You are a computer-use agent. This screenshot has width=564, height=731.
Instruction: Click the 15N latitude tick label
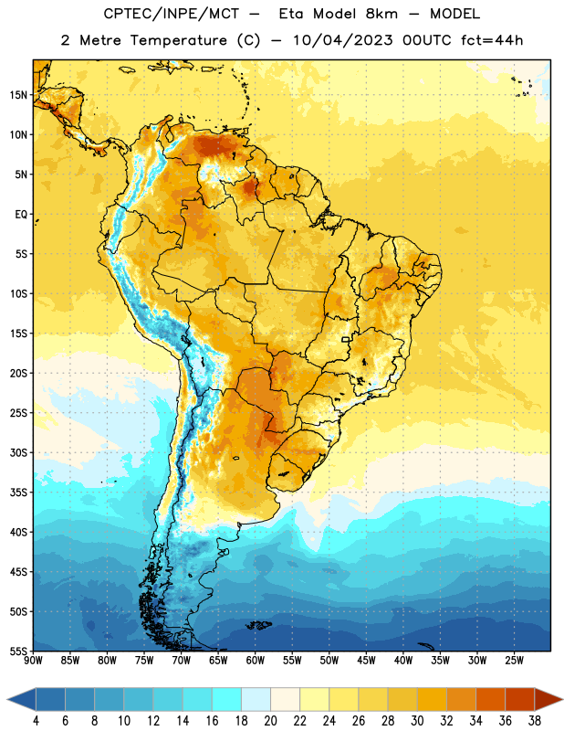coord(17,95)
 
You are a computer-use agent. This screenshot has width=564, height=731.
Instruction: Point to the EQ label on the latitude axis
coord(21,215)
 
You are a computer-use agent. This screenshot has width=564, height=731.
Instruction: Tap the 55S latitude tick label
coord(17,651)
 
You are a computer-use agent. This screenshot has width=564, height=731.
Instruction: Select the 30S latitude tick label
coord(17,452)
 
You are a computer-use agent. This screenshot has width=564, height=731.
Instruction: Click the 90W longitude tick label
coord(33,660)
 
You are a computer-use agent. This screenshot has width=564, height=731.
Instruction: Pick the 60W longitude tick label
coord(255,660)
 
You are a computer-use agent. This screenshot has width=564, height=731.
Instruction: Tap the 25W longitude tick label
coord(514,660)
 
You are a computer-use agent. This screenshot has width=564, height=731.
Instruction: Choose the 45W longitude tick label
coord(366,660)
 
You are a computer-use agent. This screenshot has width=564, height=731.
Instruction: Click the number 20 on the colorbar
coord(270,720)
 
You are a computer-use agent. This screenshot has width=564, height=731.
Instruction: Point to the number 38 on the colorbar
coord(535,720)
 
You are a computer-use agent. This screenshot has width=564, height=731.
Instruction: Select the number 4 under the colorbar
coord(36,720)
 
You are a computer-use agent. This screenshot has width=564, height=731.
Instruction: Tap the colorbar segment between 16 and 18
coord(227,700)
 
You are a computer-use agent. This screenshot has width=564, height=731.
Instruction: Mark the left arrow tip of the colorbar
coord(7,700)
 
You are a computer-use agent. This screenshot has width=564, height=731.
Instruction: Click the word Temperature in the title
coord(178,40)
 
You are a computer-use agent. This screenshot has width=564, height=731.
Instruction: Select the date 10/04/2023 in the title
coord(343,40)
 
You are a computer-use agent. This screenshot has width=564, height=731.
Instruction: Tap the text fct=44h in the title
coord(492,40)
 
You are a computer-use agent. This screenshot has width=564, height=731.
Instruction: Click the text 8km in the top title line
coord(381,14)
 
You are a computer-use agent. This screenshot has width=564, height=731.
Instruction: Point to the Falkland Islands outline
coord(258,625)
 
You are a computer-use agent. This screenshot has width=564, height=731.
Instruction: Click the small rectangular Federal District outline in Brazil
coord(346,339)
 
